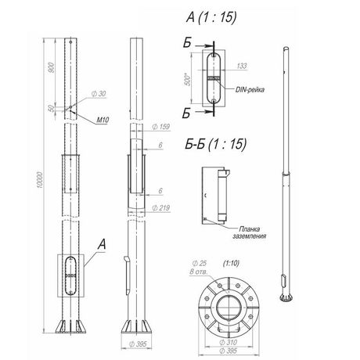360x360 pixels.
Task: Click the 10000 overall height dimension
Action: coord(39,180)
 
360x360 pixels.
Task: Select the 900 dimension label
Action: coord(52,67)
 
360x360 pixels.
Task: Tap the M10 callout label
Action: coord(103,121)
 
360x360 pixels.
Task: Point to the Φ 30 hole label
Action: coord(99,94)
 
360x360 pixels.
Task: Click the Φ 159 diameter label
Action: coord(161,127)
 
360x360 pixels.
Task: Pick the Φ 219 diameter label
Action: coord(161,208)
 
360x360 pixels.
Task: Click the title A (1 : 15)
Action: coord(211,17)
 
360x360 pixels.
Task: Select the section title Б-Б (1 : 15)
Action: coord(215,144)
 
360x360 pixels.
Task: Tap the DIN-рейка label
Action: coord(250,90)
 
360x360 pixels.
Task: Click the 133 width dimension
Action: coord(242,66)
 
